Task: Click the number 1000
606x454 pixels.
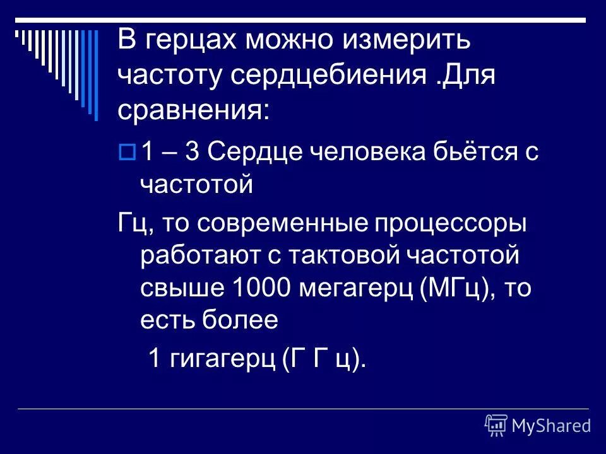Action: pyautogui.click(x=263, y=289)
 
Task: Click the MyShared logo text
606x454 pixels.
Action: pyautogui.click(x=550, y=426)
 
